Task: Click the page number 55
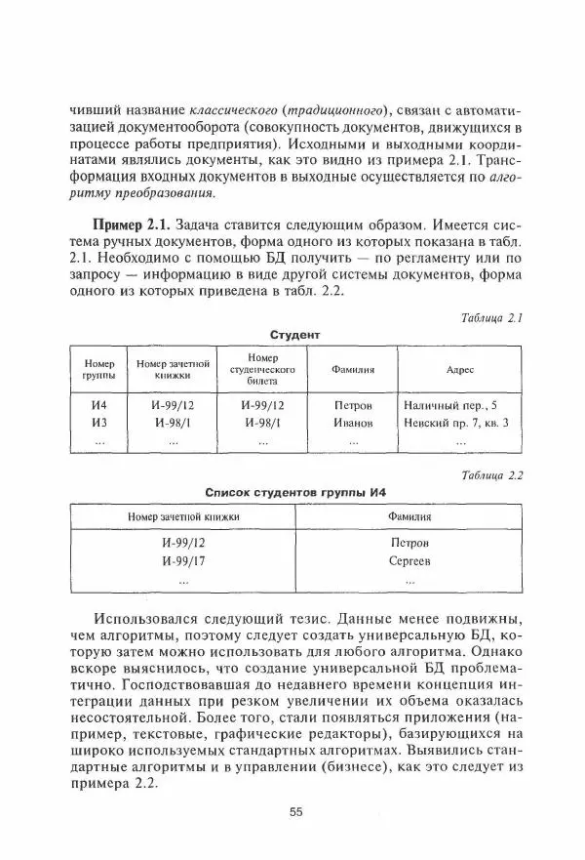(x=296, y=811)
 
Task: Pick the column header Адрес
(x=459, y=370)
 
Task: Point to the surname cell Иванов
(x=353, y=423)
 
